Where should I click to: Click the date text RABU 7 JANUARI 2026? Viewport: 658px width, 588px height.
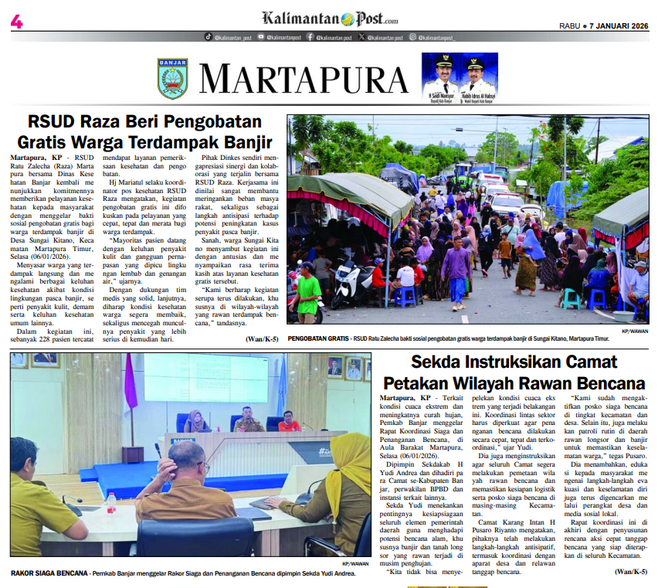point(604,25)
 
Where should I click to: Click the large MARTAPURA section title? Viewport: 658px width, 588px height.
point(303,79)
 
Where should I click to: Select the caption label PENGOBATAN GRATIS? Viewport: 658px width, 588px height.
point(317,338)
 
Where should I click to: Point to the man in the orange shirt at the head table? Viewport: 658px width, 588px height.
point(290,422)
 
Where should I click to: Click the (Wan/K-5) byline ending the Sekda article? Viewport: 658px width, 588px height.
point(629,572)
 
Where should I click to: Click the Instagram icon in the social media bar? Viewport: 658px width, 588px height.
point(413,36)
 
